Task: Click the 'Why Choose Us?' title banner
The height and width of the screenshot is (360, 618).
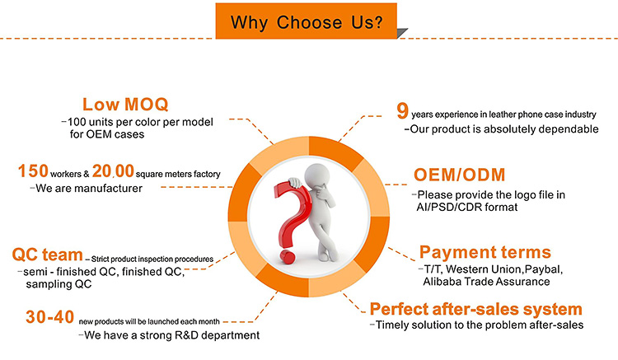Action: pos(307,21)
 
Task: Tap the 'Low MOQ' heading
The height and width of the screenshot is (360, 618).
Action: pos(125,105)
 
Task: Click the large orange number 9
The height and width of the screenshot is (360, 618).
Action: pos(402,110)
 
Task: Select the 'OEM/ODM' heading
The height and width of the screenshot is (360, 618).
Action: pos(459,175)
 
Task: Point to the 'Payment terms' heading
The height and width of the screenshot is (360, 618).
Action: pos(485,252)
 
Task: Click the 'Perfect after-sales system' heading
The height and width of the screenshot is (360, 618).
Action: pos(475,309)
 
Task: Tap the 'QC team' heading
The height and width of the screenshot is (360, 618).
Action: pos(47,255)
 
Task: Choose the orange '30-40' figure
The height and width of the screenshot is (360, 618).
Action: pos(50,317)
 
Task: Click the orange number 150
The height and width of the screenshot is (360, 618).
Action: pos(33,171)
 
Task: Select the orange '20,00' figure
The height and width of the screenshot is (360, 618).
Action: pos(113,171)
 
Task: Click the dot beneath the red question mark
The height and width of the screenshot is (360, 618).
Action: pos(288,257)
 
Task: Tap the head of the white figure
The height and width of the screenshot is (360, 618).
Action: pos(317,174)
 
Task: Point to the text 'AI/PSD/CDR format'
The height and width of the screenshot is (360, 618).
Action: pos(467,207)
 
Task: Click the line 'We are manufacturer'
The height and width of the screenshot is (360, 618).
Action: pos(89,189)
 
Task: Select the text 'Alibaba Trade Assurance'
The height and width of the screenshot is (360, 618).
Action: pos(486,282)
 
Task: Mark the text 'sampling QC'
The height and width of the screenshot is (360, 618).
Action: pos(59,284)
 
